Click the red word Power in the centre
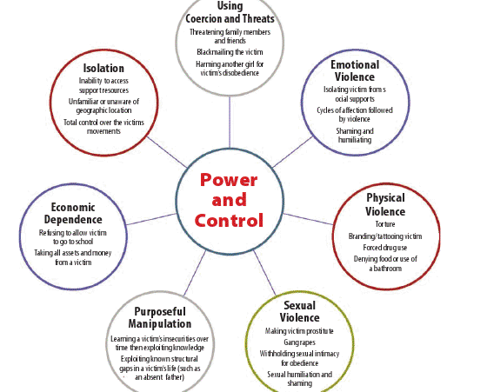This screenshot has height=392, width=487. click(x=229, y=180)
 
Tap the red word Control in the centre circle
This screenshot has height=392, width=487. click(x=229, y=220)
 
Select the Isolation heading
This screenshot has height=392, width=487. click(x=103, y=69)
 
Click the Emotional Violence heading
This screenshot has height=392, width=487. click(x=355, y=70)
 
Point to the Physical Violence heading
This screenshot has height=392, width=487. click(x=385, y=204)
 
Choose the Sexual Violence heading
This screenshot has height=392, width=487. click(x=299, y=312)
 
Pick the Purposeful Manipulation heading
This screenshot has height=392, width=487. click(x=160, y=317)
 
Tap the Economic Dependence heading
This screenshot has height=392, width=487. click(x=73, y=213)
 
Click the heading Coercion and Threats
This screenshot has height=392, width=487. click(x=230, y=18)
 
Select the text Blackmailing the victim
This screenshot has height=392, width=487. click(x=230, y=52)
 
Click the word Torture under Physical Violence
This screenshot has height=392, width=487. click(x=385, y=224)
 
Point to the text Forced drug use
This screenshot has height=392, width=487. click(x=384, y=248)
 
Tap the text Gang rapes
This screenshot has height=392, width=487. click(x=299, y=342)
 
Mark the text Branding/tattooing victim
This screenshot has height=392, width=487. click(x=385, y=236)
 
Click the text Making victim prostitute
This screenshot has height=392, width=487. click(x=299, y=331)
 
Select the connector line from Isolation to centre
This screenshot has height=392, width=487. click(x=167, y=152)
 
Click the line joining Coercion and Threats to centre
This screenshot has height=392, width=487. click(x=230, y=122)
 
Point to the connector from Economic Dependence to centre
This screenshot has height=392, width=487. click(x=151, y=219)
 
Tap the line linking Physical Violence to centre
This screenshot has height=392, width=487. click(x=308, y=219)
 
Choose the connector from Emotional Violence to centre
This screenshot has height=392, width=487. click(x=292, y=152)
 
